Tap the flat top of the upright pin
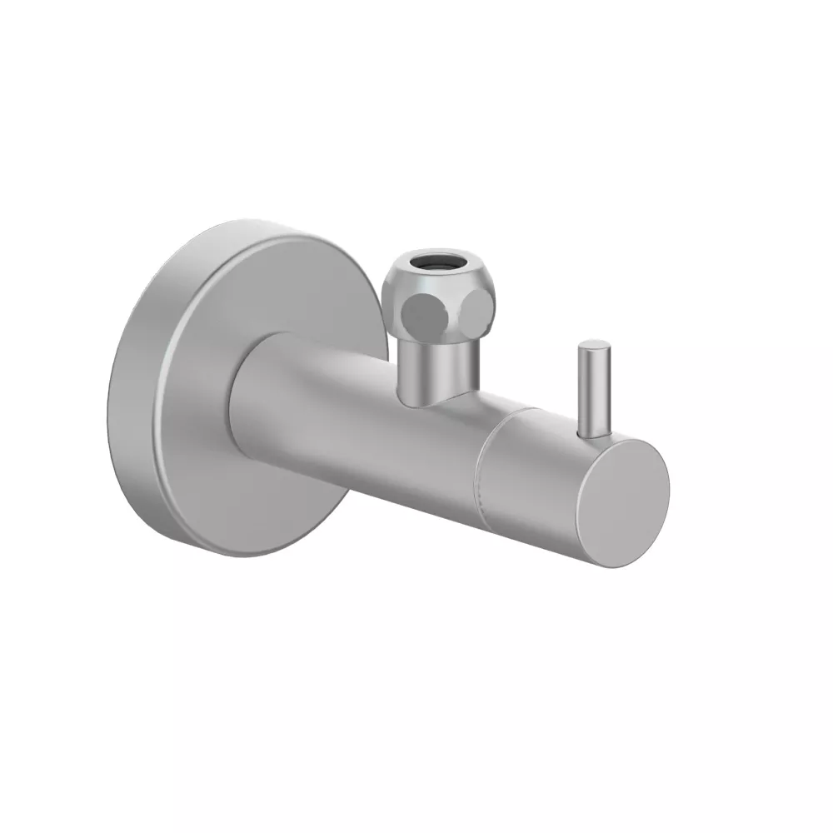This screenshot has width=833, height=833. coord(593,345)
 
